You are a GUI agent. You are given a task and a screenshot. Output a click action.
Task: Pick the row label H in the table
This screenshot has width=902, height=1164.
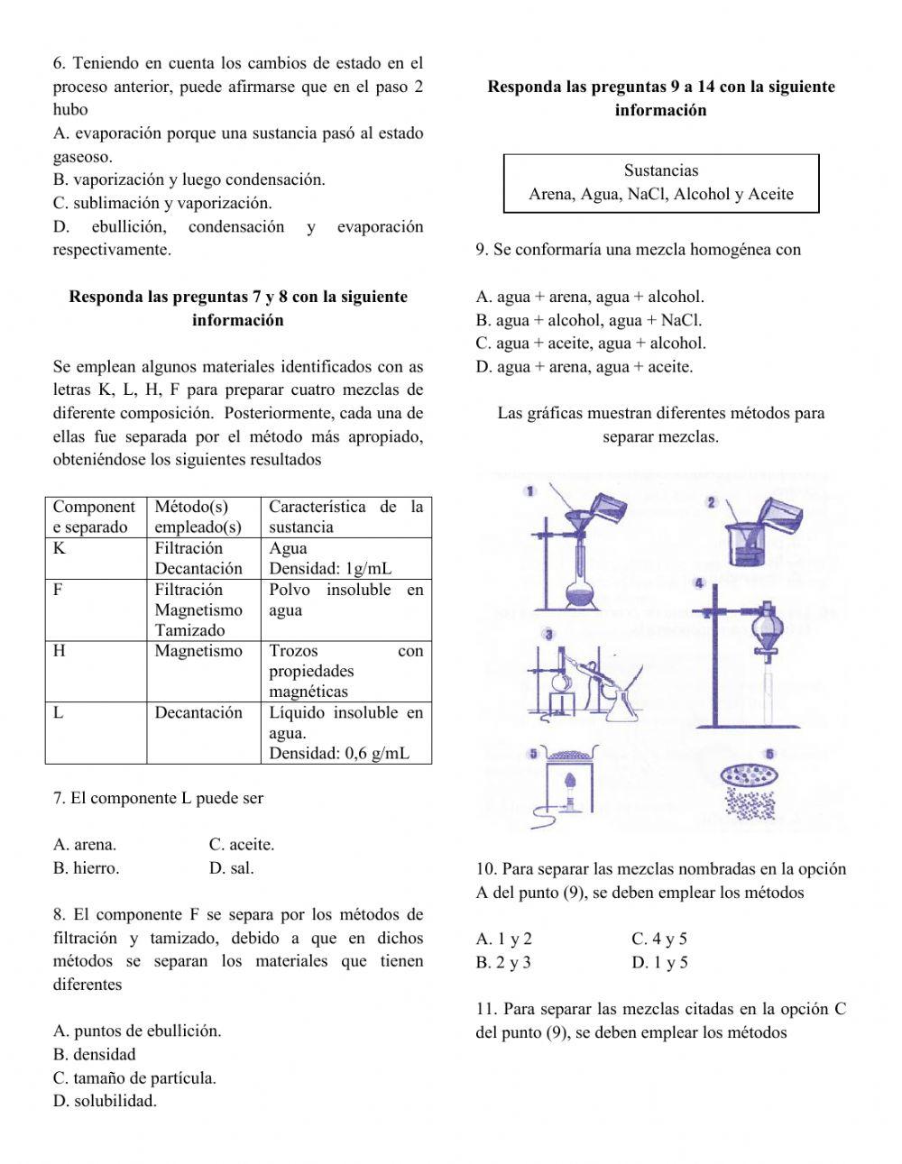[60, 651]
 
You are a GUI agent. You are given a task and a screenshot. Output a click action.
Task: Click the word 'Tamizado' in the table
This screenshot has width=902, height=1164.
[189, 630]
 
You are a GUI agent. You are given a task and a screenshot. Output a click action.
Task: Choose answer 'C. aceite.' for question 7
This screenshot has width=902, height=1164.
[242, 845]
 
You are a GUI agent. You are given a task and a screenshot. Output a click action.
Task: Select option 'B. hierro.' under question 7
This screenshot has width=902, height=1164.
[86, 868]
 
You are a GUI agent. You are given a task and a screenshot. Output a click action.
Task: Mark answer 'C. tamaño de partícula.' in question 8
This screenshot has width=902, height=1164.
[134, 1077]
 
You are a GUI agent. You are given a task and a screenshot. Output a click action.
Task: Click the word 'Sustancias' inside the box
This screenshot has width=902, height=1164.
[660, 170]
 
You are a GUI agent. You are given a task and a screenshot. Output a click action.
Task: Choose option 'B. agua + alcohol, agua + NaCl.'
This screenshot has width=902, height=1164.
[588, 320]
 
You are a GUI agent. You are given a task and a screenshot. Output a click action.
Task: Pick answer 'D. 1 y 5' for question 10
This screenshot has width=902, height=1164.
[659, 962]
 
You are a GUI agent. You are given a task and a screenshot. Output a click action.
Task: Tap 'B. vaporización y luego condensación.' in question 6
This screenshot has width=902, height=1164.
[189, 179]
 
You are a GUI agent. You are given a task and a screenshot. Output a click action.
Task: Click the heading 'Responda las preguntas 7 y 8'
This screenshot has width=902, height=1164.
[238, 297]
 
